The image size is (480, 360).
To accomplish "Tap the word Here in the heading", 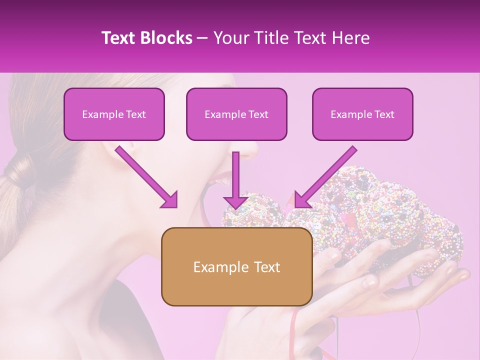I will (351, 38).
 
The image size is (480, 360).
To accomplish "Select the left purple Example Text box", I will (114, 114).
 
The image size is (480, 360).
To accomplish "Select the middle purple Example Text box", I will (236, 114).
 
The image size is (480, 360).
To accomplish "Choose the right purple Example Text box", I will (362, 114).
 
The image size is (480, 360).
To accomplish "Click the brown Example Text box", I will (236, 266).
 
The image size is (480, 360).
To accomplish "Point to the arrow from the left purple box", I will (147, 177).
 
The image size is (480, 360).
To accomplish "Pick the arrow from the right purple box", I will (325, 177).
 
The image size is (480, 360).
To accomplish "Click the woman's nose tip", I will (252, 148).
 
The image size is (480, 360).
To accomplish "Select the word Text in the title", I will (118, 38).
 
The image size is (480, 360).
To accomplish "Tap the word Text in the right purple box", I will (383, 114).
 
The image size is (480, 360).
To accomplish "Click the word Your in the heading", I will (230, 38).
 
